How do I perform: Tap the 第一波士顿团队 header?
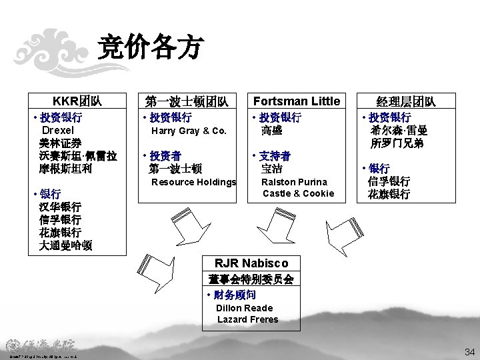[x=187, y=101]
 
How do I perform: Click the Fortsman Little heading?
[x=294, y=101]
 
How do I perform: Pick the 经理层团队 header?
[x=407, y=101]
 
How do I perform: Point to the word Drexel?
[x=62, y=131]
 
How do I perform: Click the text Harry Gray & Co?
[x=189, y=131]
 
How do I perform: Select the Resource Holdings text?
[x=194, y=182]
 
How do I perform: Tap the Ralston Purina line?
[x=294, y=182]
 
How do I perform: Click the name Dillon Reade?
[x=245, y=308]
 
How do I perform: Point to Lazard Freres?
[x=248, y=319]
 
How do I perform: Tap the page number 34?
[x=469, y=351]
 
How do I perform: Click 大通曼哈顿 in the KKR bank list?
[x=66, y=245]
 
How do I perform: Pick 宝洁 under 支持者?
[x=271, y=169]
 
